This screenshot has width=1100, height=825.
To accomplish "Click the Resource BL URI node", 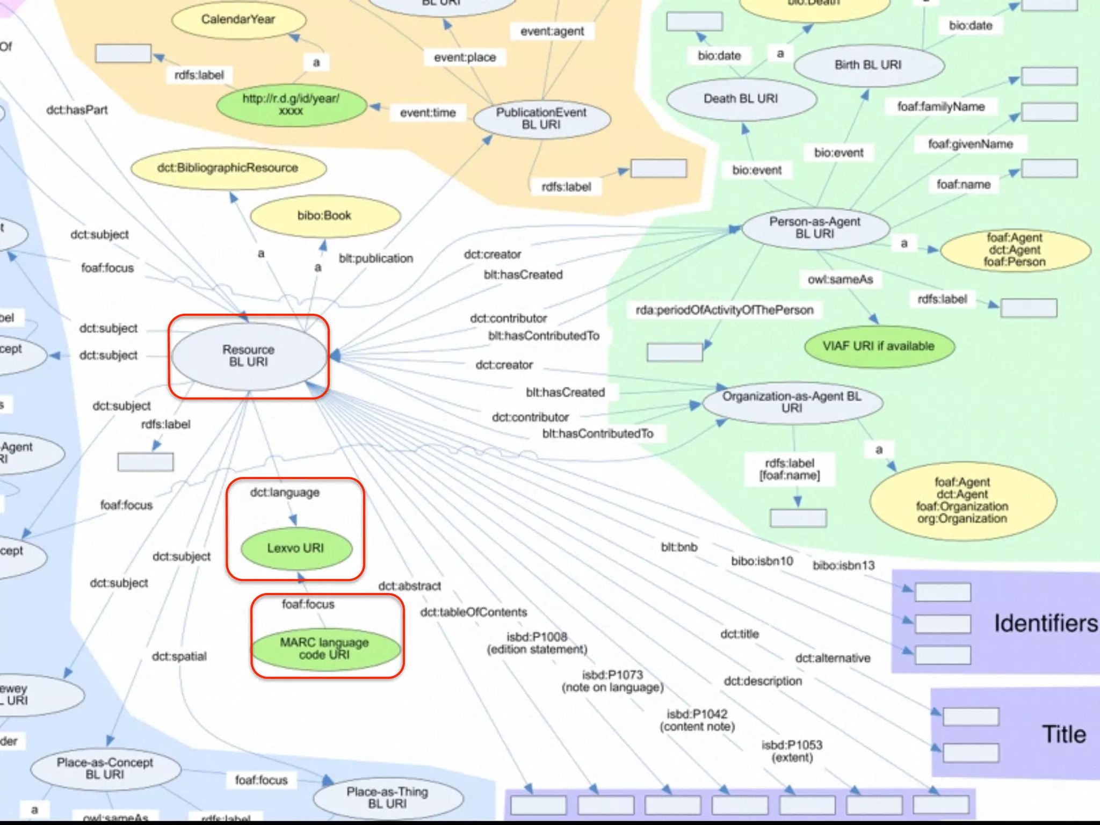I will click(249, 356).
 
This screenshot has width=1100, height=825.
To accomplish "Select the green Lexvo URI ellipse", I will click(296, 548).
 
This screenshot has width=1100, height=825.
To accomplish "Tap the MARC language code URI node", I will click(325, 648).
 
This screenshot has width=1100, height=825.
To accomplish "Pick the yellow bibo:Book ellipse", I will click(324, 216).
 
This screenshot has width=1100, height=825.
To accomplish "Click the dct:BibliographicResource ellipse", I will click(228, 168).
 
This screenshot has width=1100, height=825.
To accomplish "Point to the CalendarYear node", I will click(238, 20).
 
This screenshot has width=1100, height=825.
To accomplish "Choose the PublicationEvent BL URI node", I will click(541, 119).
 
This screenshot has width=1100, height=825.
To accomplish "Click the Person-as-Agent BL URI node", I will click(815, 228).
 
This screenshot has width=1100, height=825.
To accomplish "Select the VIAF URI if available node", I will click(879, 346).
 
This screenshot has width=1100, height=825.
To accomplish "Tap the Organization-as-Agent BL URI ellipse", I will click(792, 402).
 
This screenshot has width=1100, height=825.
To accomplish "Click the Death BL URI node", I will click(741, 99).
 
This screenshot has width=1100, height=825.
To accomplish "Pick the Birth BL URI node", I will click(868, 65).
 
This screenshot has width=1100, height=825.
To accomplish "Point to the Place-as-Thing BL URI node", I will click(387, 798).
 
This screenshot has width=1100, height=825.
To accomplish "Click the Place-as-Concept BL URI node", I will click(105, 769).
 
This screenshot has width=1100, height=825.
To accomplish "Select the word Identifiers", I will click(1046, 623).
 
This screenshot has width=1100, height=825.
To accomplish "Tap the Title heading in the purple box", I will click(1064, 734).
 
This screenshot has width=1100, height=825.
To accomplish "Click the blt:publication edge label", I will click(376, 259).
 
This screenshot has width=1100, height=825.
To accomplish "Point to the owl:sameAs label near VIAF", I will click(841, 280).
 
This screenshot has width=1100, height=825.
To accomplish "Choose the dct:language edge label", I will click(285, 493).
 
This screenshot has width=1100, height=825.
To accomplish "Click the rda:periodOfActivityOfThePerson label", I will click(725, 310).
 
